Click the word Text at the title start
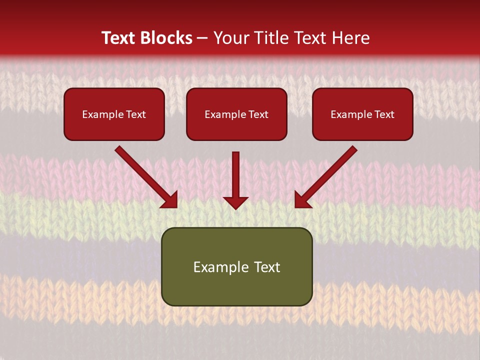(x=118, y=38)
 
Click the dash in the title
(x=202, y=38)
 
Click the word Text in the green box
(x=267, y=267)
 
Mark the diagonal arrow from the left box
(x=145, y=176)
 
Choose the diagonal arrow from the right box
(x=327, y=176)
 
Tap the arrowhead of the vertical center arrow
(x=235, y=202)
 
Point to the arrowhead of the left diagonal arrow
(x=170, y=200)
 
